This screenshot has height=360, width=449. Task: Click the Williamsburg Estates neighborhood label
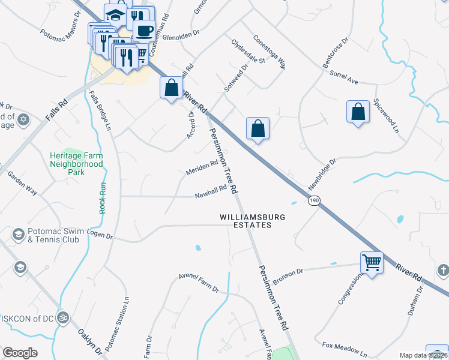[245, 220]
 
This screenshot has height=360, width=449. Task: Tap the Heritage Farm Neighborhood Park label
[76, 164]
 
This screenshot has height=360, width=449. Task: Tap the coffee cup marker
[144, 30]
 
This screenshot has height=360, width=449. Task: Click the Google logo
[20, 353]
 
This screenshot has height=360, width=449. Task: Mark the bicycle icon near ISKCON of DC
[62, 317]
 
